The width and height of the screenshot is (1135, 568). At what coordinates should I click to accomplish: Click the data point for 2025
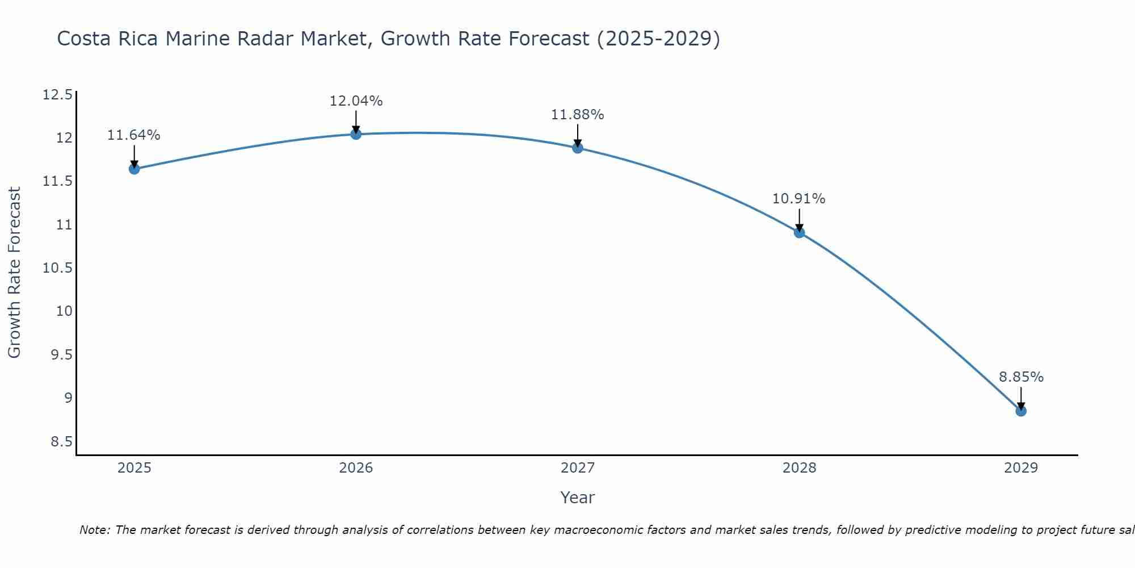click(x=134, y=169)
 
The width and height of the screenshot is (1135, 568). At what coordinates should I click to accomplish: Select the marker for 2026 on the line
click(x=356, y=134)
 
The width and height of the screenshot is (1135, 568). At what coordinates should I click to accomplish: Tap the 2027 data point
click(x=578, y=148)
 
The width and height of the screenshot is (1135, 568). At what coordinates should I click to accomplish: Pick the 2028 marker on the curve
click(x=799, y=232)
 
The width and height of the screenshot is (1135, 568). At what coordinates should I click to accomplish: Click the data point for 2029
click(x=1021, y=411)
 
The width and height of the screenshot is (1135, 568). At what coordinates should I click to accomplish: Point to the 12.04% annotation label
click(x=356, y=101)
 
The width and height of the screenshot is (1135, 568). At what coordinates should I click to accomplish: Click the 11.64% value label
click(x=134, y=135)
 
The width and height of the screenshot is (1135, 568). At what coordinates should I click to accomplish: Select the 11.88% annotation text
click(x=578, y=115)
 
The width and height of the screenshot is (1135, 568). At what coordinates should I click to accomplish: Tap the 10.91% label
click(x=799, y=199)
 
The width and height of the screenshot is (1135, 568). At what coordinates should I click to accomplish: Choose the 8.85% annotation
click(x=1021, y=377)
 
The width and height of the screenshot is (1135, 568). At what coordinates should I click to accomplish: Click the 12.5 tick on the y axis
click(x=58, y=94)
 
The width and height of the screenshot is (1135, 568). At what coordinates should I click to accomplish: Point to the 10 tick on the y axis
click(x=65, y=311)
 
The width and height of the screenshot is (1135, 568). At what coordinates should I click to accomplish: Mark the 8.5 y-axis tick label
click(x=61, y=441)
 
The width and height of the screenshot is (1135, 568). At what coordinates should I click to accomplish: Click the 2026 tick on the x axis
click(x=356, y=468)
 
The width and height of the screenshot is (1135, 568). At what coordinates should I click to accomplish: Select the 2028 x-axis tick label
click(x=799, y=468)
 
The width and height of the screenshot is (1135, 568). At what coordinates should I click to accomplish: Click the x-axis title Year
click(x=578, y=498)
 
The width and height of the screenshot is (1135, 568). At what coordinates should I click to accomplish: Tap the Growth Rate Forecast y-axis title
click(x=15, y=273)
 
